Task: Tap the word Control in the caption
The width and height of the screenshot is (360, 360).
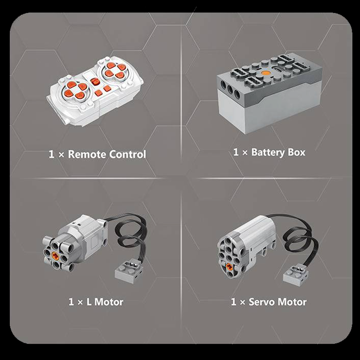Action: coord(127,154)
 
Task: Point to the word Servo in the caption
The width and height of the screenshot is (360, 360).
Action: coord(261,301)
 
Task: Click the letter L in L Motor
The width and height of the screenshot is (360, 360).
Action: coord(89,301)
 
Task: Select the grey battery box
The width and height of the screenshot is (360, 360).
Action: coord(269,93)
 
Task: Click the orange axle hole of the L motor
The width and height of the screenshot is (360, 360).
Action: coord(55,255)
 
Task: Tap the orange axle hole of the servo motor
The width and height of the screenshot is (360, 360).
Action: coord(229,266)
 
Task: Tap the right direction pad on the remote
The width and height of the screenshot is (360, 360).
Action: coord(114,70)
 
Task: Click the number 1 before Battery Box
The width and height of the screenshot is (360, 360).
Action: coord(236,152)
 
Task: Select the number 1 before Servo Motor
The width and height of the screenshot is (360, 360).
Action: coord(234,301)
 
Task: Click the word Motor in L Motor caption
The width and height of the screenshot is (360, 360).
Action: coord(108,301)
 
